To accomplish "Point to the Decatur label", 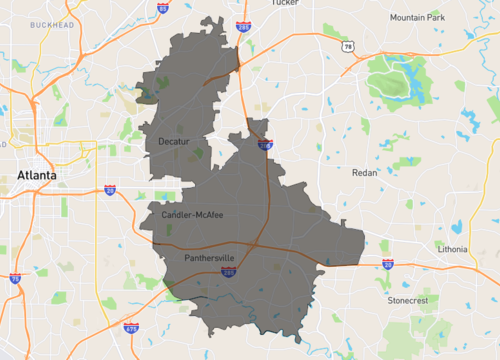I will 175,141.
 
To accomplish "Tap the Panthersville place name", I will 210,258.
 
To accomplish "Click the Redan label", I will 365,172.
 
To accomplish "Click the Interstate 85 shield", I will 162,8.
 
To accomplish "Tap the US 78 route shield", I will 347,46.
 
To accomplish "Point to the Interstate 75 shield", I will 15,278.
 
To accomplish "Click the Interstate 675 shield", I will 131,326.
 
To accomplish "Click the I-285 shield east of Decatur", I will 264,146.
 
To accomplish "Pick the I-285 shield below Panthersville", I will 229,271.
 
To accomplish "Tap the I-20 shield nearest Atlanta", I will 109,189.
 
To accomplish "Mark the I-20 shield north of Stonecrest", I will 387,265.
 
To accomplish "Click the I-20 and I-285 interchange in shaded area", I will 256,244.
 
